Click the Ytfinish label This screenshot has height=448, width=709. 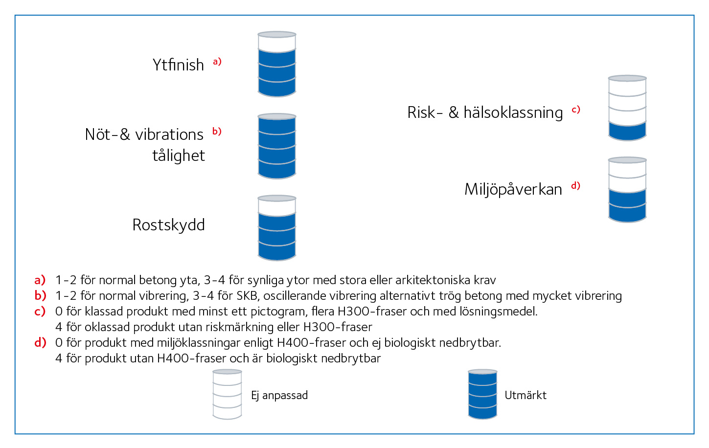click(x=178, y=65)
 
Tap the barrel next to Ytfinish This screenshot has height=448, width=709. click(x=277, y=64)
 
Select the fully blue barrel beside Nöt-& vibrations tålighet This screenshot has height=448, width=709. click(x=277, y=146)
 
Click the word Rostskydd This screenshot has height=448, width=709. click(x=169, y=225)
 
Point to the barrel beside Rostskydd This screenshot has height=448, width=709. click(x=277, y=228)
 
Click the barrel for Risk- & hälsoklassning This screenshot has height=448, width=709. click(x=627, y=108)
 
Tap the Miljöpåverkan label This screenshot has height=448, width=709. click(x=513, y=189)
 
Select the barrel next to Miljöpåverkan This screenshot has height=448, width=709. click(x=627, y=190)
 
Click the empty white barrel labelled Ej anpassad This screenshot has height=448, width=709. click(x=227, y=394)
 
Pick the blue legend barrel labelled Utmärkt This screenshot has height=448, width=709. click(x=482, y=394)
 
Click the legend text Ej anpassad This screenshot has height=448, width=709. click(x=279, y=396)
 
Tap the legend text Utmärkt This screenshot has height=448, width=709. click(x=526, y=395)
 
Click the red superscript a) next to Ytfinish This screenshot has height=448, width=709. click(x=217, y=61)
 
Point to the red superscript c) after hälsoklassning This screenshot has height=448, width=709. click(x=576, y=110)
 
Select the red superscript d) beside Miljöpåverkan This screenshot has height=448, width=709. click(x=576, y=186)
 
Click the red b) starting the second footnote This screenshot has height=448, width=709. click(x=40, y=295)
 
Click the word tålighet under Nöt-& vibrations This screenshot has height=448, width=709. click(x=179, y=156)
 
